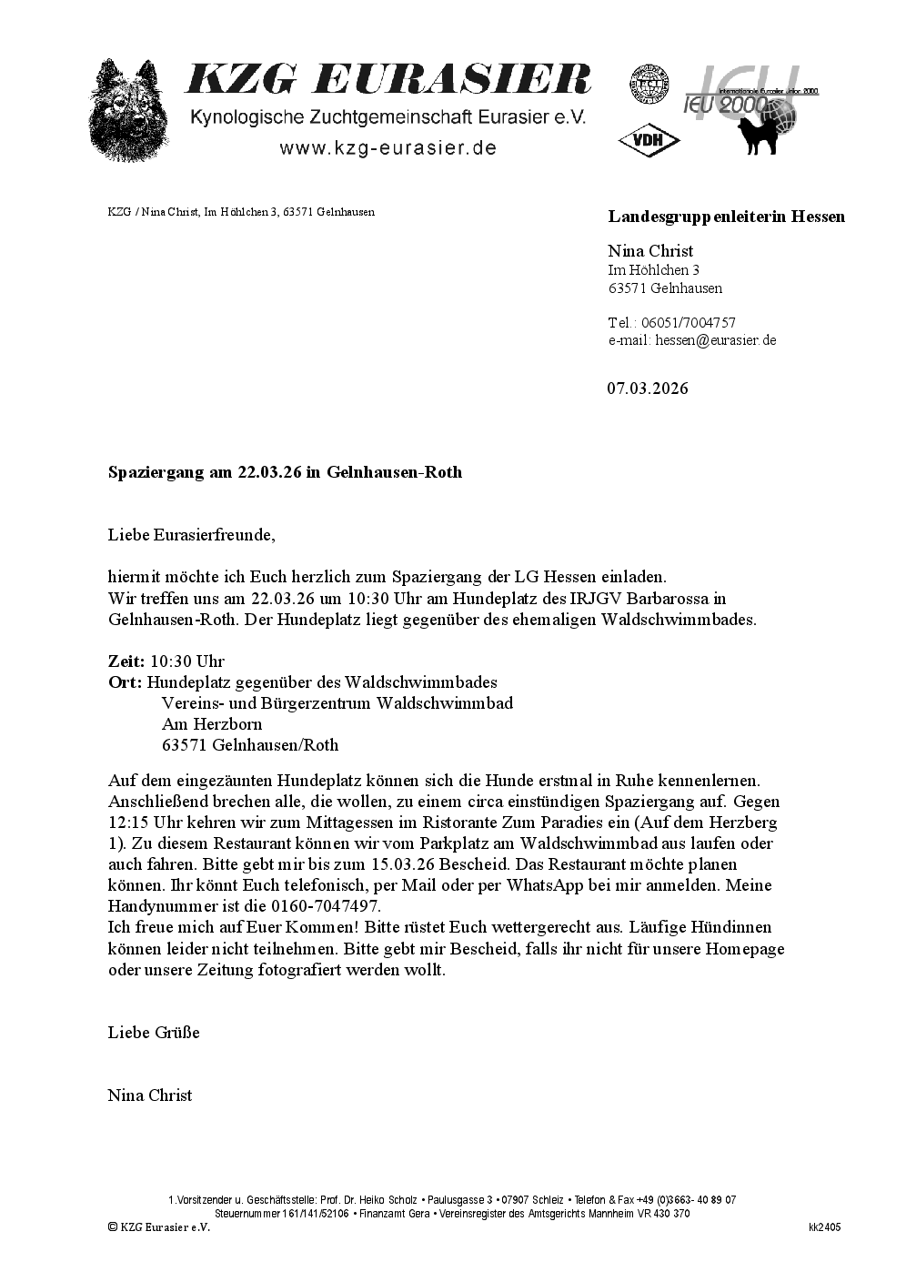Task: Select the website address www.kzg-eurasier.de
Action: click(x=388, y=148)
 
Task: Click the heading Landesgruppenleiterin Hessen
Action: click(x=726, y=217)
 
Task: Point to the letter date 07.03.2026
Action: click(x=648, y=389)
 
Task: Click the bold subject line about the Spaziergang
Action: click(x=285, y=472)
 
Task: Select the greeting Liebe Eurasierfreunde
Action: click(x=191, y=535)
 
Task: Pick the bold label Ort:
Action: click(x=125, y=682)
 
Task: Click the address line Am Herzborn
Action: click(x=212, y=724)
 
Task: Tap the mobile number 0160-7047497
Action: click(x=327, y=907)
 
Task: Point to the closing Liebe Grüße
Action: click(x=154, y=1033)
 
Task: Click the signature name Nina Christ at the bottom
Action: click(x=150, y=1095)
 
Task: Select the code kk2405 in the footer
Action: click(x=824, y=1227)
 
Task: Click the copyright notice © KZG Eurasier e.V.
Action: click(x=159, y=1227)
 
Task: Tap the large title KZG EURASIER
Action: click(x=388, y=80)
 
